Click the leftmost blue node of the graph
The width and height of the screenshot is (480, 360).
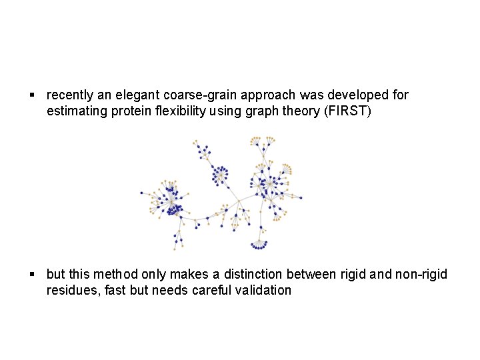point(141,193)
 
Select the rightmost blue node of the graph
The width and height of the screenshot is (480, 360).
point(301,197)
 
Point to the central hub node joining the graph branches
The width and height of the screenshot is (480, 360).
point(239,201)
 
